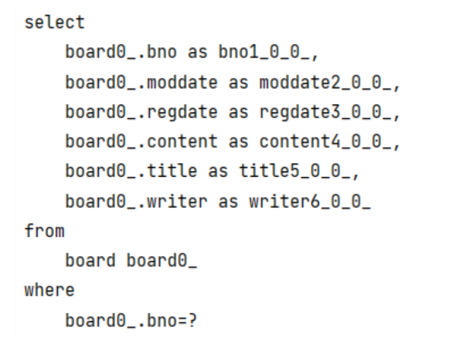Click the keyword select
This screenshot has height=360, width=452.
click(x=54, y=23)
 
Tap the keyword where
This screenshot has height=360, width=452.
click(x=49, y=291)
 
